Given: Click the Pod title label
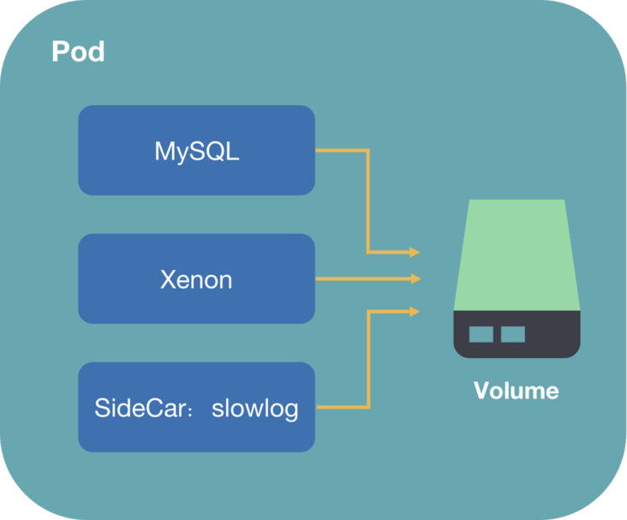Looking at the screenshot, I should (78, 51).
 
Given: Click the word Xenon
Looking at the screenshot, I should (196, 279).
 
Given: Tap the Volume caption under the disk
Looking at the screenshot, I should (516, 391).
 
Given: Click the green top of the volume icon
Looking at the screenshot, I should (517, 253).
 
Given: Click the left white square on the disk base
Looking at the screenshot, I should (481, 333).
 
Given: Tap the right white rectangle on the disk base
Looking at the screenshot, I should (512, 333).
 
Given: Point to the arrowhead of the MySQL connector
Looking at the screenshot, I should (415, 252).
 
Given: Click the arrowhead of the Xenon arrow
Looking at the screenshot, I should (415, 278).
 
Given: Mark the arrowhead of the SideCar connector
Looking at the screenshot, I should (415, 311).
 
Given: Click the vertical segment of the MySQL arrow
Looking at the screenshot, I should (367, 201).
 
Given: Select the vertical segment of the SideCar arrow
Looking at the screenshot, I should (367, 358).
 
